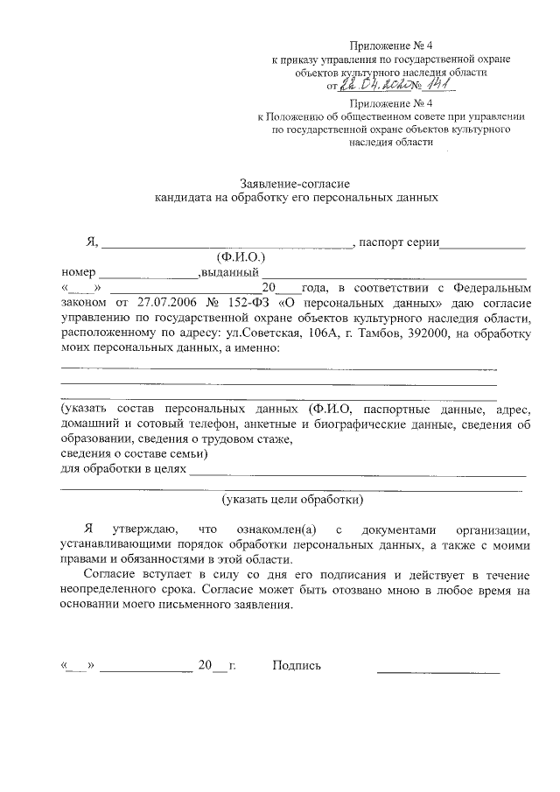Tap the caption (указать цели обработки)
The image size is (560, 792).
coord(291,500)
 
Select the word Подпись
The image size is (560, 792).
coord(297,666)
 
